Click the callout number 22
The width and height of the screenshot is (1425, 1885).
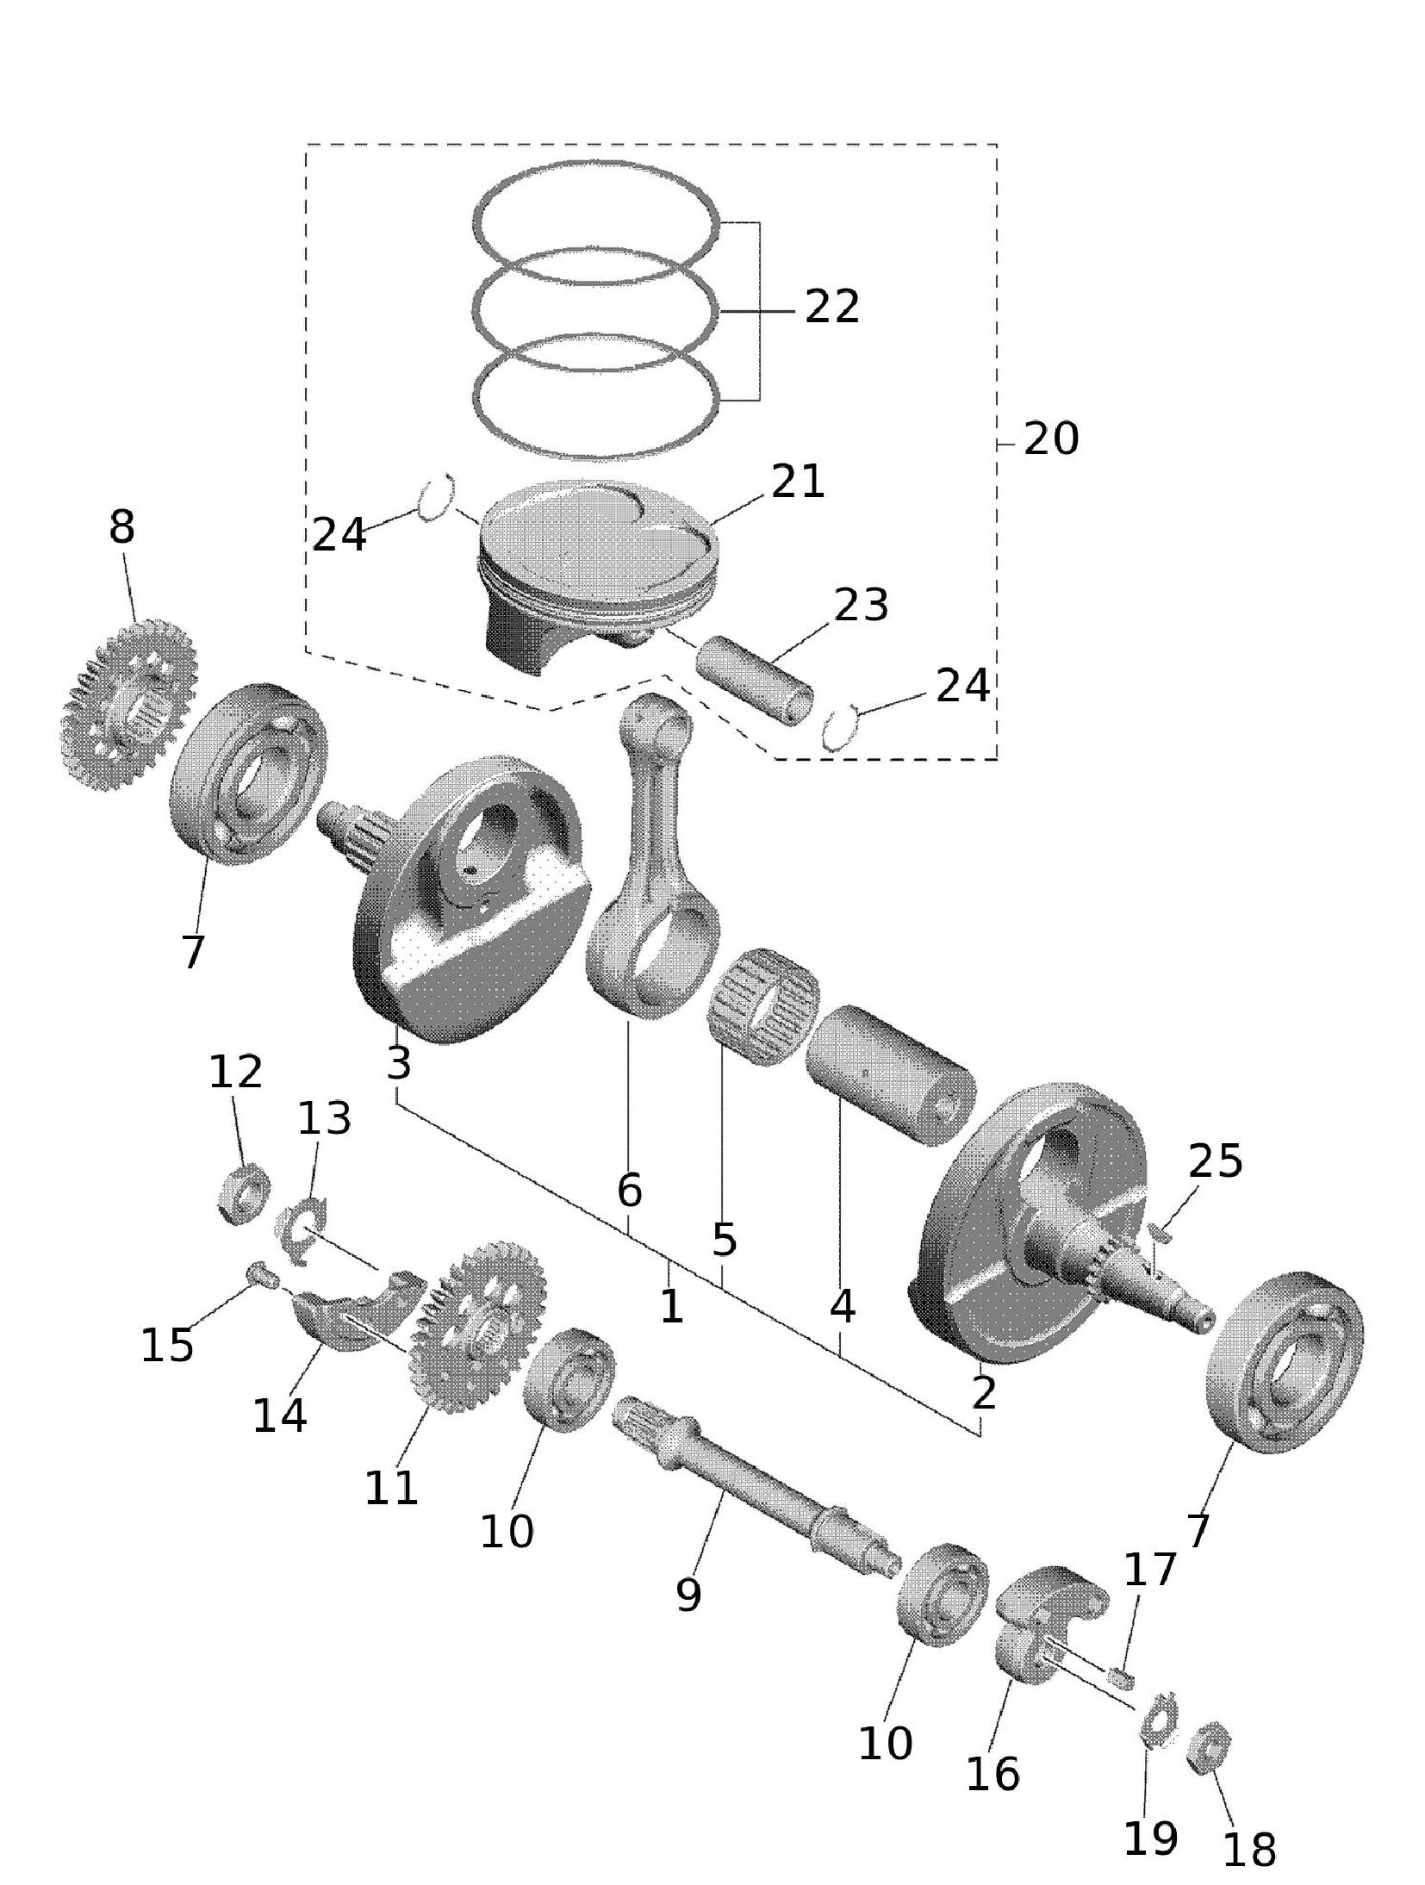pos(831,308)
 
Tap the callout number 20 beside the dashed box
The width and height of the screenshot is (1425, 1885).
pos(1050,440)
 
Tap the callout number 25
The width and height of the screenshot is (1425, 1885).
pos(1215,1161)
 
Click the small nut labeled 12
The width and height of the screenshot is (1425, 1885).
pos(242,1192)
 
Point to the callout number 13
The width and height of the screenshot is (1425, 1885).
pos(324,1119)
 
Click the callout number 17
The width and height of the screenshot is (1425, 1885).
pos(1149,1570)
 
